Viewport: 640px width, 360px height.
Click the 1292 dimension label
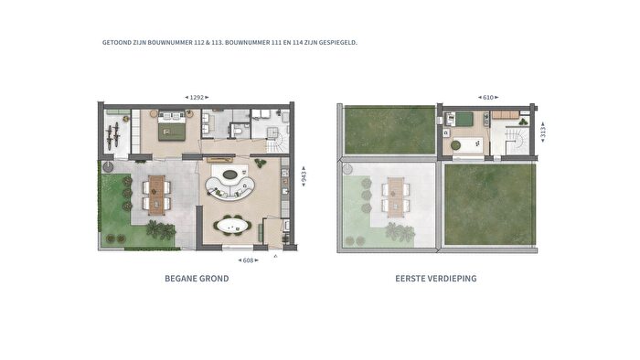click(x=197, y=98)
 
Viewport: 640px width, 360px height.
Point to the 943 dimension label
click(x=304, y=176)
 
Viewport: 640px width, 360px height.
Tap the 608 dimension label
click(x=248, y=260)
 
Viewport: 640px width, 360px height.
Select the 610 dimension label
click(x=488, y=98)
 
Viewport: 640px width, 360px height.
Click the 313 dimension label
click(x=542, y=132)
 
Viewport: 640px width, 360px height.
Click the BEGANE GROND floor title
click(x=197, y=279)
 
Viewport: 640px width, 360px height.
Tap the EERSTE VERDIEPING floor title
click(x=436, y=279)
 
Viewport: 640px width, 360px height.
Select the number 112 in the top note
click(x=199, y=42)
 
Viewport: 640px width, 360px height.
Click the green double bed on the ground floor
click(x=172, y=125)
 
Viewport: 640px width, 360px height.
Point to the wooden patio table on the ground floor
click(x=156, y=195)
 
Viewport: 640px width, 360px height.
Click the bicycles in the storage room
click(x=113, y=135)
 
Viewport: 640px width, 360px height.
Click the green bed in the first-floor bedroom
click(x=464, y=119)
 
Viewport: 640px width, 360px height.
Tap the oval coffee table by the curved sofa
click(x=229, y=175)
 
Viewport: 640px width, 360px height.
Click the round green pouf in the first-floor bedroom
click(x=455, y=145)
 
